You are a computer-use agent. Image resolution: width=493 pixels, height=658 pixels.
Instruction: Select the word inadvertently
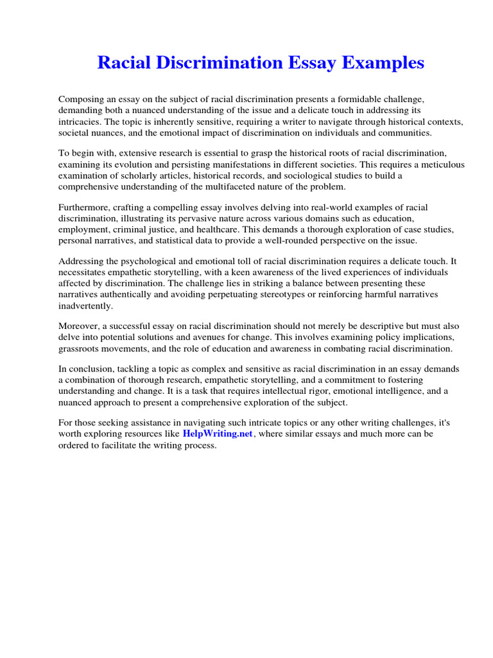tap(85, 306)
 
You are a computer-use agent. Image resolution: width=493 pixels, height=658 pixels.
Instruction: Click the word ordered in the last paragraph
tap(74, 445)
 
